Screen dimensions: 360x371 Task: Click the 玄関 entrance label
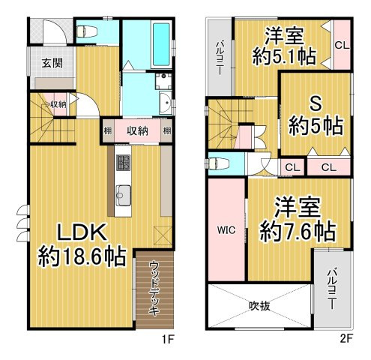pos(52,62)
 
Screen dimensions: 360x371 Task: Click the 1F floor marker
pos(169,339)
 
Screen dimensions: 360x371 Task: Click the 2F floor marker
pos(346,339)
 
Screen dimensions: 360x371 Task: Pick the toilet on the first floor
pos(88,31)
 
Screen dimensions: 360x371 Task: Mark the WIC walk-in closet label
pos(227,230)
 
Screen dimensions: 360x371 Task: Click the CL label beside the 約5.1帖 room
pos(342,45)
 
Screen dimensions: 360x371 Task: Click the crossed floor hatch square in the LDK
pos(159,235)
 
